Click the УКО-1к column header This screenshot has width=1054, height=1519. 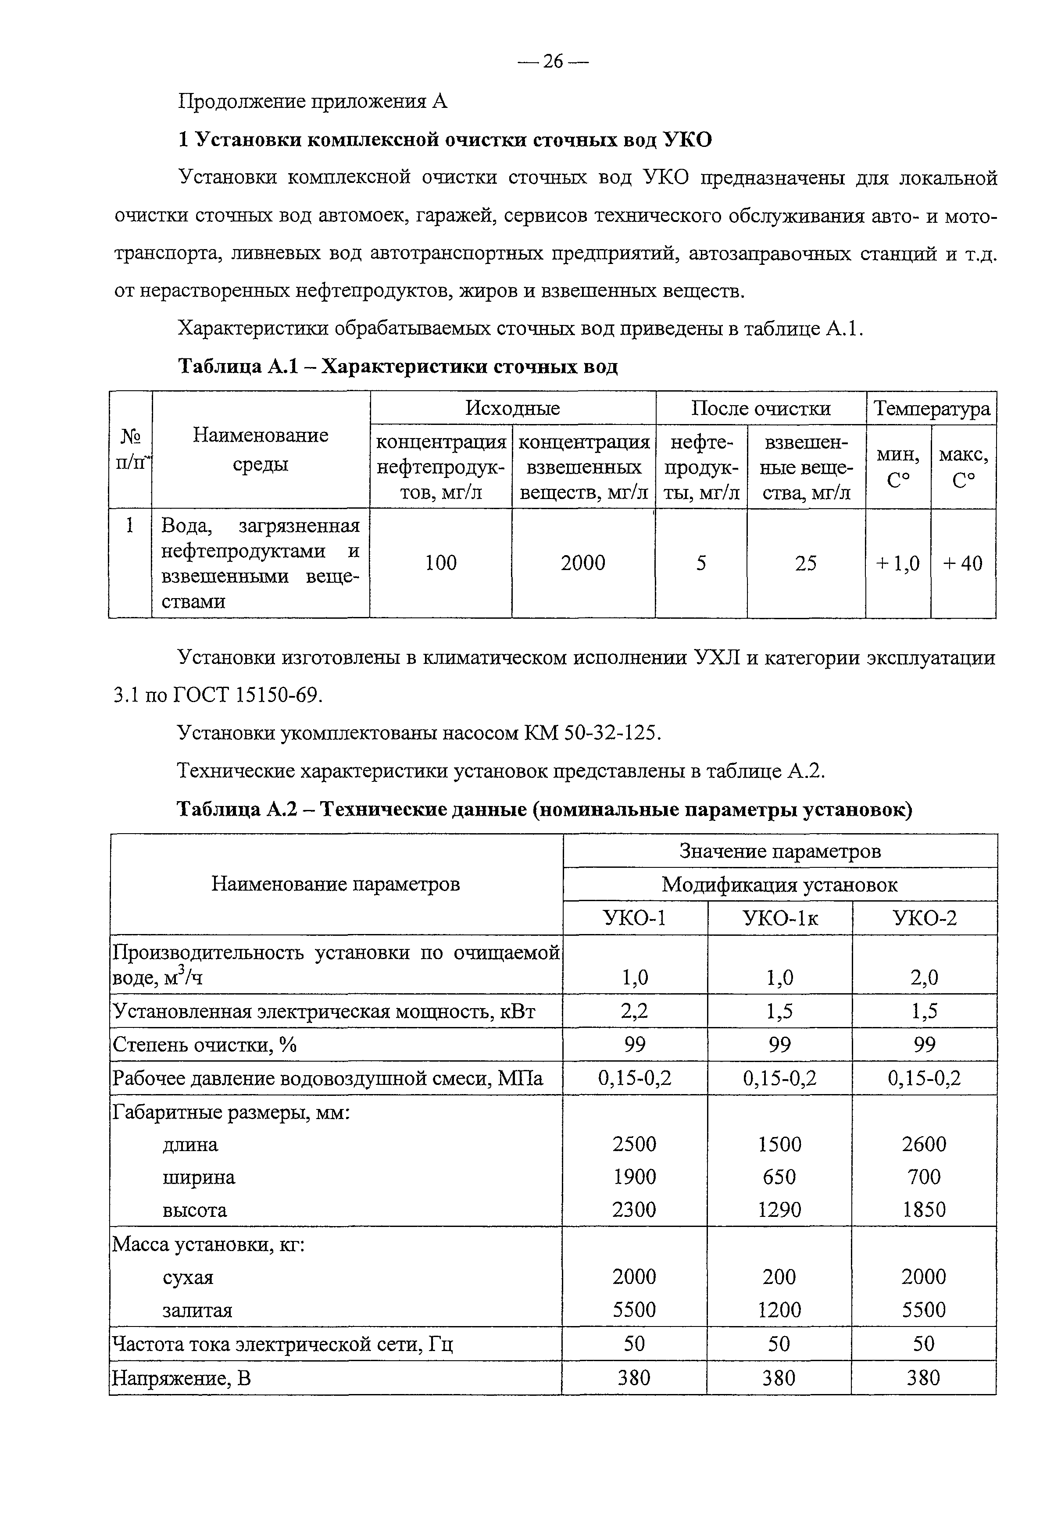coord(780,918)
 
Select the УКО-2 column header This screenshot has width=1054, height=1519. coord(924,918)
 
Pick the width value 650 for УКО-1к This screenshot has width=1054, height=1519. coord(779,1177)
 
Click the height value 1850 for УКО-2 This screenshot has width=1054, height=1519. coord(924,1209)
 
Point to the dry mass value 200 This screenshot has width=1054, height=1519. coord(779,1277)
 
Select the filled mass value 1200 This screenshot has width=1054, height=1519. coord(779,1310)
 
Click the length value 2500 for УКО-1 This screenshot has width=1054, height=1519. coord(634,1143)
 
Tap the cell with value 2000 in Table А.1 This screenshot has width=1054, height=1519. coord(582,563)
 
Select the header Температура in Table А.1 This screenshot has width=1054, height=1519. coord(931,409)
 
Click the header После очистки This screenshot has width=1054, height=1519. coord(761,409)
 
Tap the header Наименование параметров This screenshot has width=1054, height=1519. coord(336,884)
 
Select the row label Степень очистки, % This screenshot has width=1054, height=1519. coord(205,1045)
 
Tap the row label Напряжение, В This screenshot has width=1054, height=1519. coord(182,1378)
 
